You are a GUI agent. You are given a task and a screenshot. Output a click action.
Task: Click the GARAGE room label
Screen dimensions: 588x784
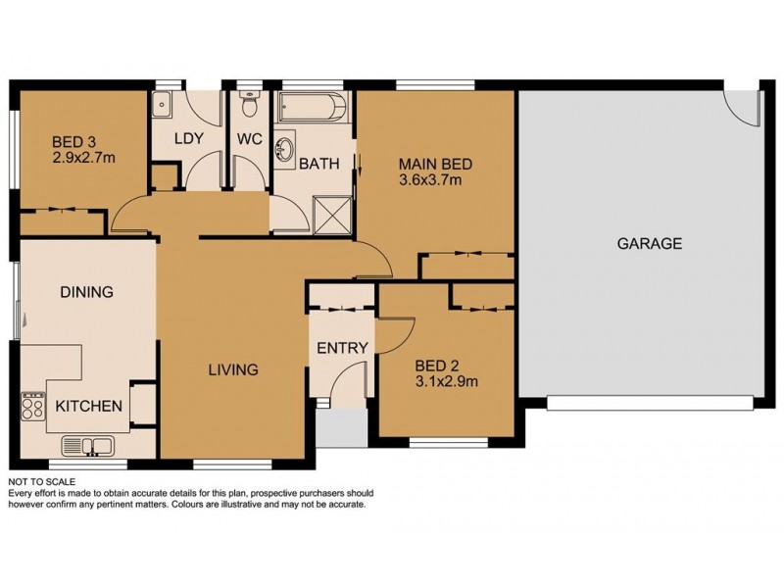pyautogui.click(x=649, y=244)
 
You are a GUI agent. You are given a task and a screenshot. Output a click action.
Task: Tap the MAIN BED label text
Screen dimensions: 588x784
pyautogui.click(x=431, y=164)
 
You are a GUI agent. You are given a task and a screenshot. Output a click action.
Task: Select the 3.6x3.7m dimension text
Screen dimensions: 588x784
pyautogui.click(x=431, y=180)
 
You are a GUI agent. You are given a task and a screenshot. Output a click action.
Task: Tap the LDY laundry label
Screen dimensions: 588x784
pyautogui.click(x=188, y=138)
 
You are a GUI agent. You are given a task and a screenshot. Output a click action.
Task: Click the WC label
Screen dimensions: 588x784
pyautogui.click(x=247, y=138)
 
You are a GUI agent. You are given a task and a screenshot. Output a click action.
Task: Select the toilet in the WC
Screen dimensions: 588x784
pyautogui.click(x=249, y=101)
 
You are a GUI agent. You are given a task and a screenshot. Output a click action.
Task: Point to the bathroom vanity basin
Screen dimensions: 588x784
pyautogui.click(x=286, y=150)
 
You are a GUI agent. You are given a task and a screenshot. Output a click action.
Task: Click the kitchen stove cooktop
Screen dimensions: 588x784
pyautogui.click(x=33, y=405)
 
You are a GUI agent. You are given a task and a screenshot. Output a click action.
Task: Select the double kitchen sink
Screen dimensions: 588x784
pyautogui.click(x=88, y=447)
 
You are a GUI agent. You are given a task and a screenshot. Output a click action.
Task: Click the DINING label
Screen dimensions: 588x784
pyautogui.click(x=86, y=292)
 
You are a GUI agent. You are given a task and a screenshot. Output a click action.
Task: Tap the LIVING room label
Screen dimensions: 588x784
pyautogui.click(x=232, y=370)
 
